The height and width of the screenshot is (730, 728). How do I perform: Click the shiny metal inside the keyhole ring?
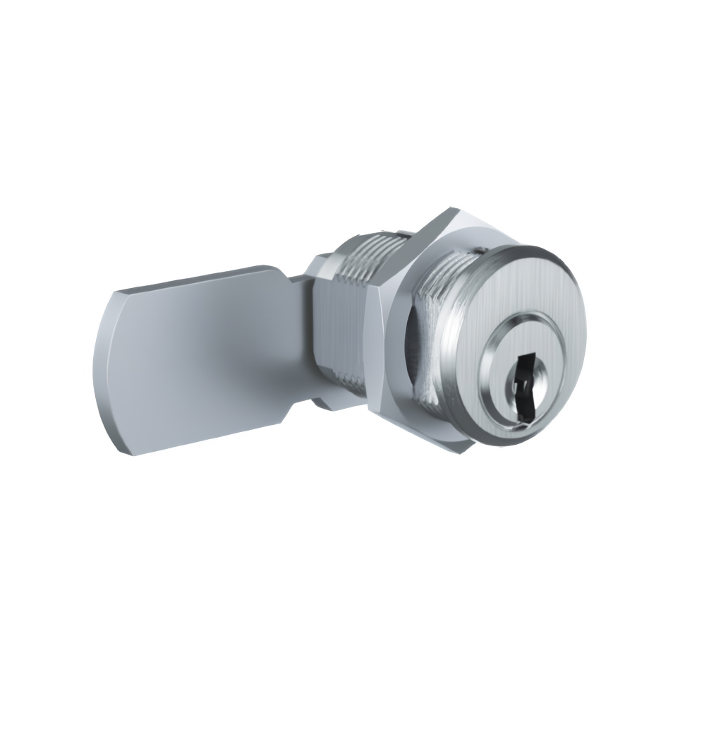(540, 367)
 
